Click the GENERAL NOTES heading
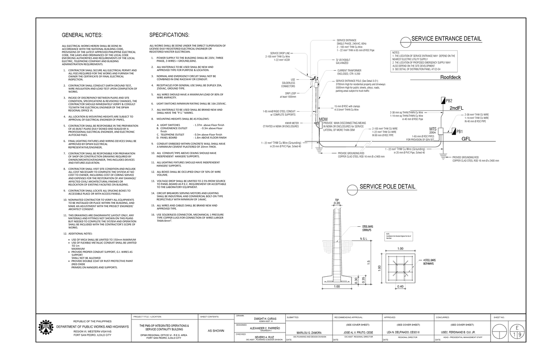(82, 35)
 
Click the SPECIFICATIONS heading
(169, 35)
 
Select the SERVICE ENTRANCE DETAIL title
(446, 39)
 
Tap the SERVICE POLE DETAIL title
(387, 187)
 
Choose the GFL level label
(467, 139)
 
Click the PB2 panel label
(449, 100)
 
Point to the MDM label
(323, 119)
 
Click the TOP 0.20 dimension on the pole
(337, 203)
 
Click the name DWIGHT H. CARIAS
(268, 318)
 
